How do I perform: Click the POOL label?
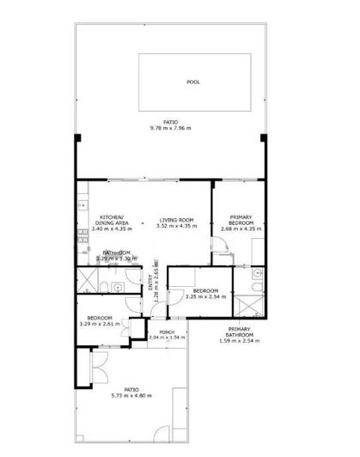coord(194,82)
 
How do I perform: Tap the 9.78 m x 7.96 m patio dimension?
coord(170,129)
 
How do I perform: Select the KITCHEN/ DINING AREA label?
coord(113,219)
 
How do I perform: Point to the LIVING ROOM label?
coord(176,221)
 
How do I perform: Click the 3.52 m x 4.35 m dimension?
coord(176,227)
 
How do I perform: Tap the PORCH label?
coord(166,332)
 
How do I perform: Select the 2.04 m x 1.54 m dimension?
coord(166,338)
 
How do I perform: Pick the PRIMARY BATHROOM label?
coord(240,333)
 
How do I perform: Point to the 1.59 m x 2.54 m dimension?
coord(240,343)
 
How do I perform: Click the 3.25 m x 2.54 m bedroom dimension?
coord(202,297)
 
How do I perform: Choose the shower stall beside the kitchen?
coord(87,280)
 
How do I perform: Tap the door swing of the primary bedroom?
coord(221,250)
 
